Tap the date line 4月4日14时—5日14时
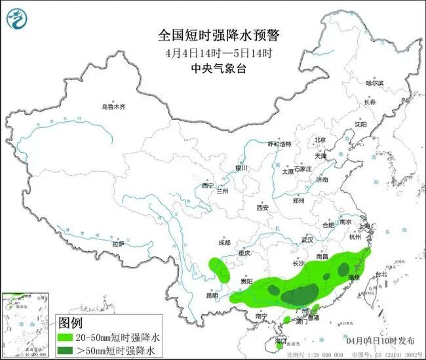click(212, 52)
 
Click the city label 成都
click(224, 243)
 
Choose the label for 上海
click(366, 226)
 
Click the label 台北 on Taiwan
click(380, 275)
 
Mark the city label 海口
click(281, 341)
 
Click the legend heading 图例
click(71, 323)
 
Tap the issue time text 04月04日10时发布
click(380, 341)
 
